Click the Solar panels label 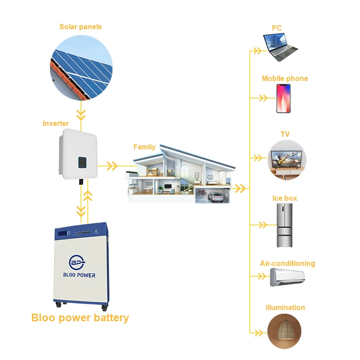click(x=81, y=27)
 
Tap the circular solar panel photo click(x=81, y=68)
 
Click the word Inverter click(x=56, y=123)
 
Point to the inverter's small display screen click(x=82, y=162)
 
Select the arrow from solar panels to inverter click(x=81, y=116)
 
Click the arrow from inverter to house click(x=117, y=166)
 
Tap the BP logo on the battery click(x=77, y=262)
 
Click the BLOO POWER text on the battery click(x=79, y=275)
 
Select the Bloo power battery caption click(x=80, y=318)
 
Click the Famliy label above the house click(x=144, y=147)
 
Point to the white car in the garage click(x=216, y=197)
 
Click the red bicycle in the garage click(x=201, y=193)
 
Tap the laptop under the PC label click(x=280, y=47)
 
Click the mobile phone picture click(x=283, y=99)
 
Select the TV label click(x=285, y=134)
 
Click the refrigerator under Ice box click(x=284, y=225)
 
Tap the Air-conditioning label click(x=288, y=263)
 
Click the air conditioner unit click(x=288, y=277)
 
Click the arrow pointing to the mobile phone click(x=263, y=98)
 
